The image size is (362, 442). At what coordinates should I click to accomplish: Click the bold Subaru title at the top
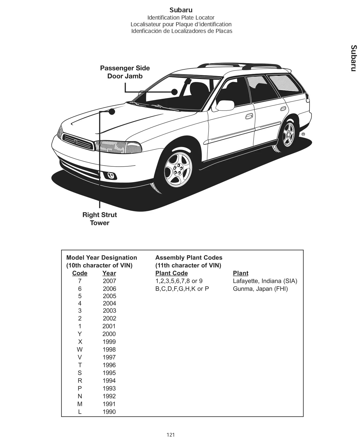[x=181, y=10]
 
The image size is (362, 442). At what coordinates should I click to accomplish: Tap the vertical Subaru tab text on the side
[x=354, y=58]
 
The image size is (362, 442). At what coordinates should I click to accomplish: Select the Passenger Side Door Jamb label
[x=125, y=72]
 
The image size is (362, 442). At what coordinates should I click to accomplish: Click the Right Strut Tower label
[x=99, y=219]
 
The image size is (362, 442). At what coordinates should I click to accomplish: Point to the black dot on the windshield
[x=175, y=92]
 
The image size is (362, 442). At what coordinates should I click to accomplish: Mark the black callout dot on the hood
[x=112, y=111]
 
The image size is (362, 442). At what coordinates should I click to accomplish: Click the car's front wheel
[x=178, y=169]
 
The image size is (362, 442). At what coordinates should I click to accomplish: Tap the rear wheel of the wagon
[x=288, y=134]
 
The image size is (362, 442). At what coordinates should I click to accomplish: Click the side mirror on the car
[x=225, y=105]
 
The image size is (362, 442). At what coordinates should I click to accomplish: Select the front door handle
[x=249, y=116]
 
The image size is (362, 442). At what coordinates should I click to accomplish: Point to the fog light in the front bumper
[x=111, y=176]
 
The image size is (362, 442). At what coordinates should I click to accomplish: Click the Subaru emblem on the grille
[x=76, y=141]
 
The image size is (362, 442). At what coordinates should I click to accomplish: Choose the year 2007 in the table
[x=109, y=281]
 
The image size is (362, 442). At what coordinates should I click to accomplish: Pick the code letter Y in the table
[x=80, y=334]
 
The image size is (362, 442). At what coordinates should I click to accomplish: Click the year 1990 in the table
[x=109, y=412]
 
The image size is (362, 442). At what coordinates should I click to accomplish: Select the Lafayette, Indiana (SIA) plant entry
[x=265, y=281]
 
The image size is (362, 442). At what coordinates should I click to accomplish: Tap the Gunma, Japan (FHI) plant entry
[x=260, y=289]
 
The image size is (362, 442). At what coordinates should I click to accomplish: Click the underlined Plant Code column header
[x=171, y=273]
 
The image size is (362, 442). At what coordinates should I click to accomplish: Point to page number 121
[x=171, y=434]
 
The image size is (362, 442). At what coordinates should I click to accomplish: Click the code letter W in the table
[x=80, y=349]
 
